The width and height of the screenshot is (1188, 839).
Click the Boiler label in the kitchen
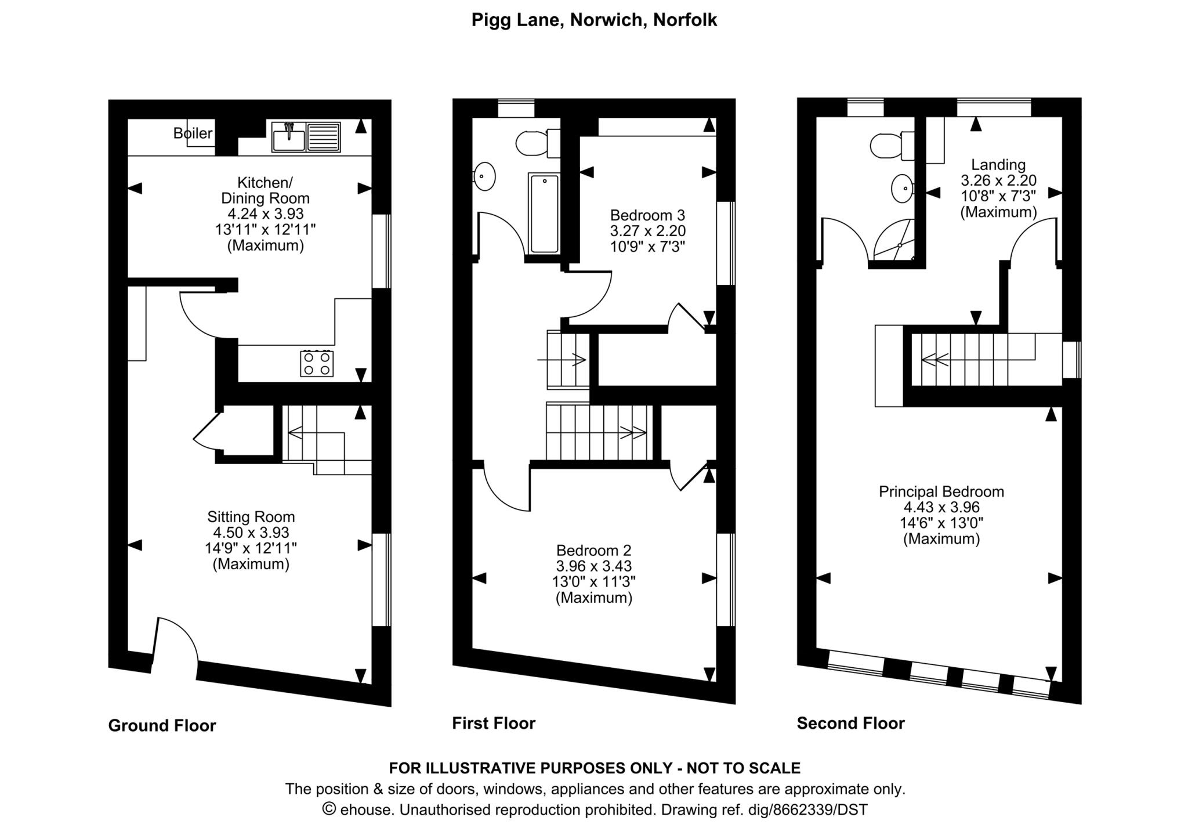tap(193, 133)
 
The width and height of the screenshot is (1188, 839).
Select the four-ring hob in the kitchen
tap(317, 363)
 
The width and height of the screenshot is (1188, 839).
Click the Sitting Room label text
tap(251, 516)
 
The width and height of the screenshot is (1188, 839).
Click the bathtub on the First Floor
tap(544, 214)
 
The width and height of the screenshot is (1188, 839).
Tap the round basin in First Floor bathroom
tap(484, 176)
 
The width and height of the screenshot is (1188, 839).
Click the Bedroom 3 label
tap(647, 215)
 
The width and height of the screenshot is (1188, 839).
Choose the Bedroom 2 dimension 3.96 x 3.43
tap(593, 566)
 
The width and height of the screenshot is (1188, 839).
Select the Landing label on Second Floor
tap(998, 165)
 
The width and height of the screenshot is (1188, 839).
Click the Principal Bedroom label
tap(941, 491)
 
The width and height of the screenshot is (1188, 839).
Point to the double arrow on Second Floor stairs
tap(935, 360)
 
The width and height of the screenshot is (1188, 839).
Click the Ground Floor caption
tap(162, 725)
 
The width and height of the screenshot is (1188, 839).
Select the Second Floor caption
tap(850, 723)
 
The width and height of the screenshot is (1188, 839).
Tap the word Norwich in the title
tap(606, 20)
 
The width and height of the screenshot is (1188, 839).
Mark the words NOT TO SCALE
tap(743, 768)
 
